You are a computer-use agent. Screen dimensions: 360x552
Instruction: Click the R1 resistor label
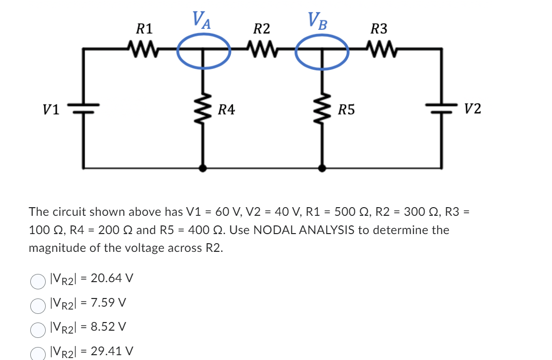144,29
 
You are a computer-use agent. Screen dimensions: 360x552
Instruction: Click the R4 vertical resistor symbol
203,109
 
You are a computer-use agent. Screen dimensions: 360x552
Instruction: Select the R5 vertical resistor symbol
322,109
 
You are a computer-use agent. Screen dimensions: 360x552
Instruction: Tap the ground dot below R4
203,168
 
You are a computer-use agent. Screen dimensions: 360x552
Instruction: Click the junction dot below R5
322,168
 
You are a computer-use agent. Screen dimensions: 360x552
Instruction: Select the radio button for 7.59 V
38,304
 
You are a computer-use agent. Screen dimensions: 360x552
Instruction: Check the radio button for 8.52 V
38,329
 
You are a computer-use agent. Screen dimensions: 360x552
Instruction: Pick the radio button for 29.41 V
38,353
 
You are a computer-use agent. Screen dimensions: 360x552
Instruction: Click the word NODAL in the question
272,230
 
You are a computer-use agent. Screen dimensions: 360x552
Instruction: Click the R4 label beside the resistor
226,110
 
